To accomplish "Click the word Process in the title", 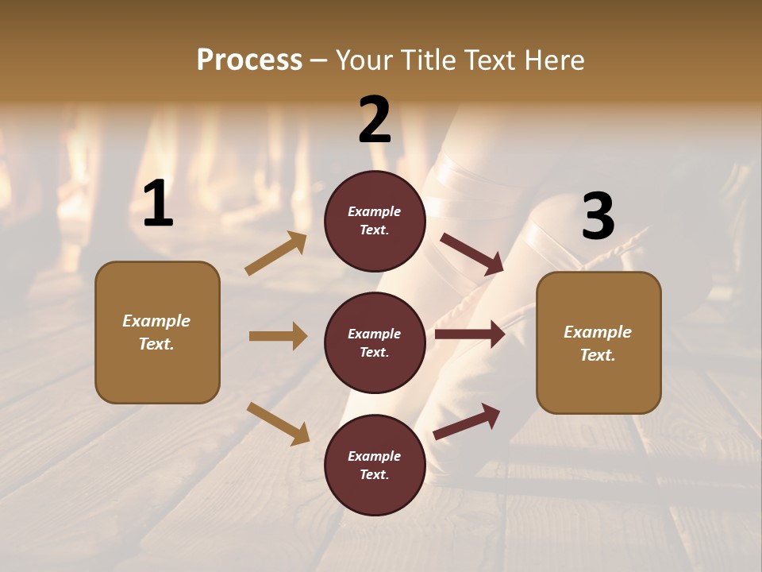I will [249, 60].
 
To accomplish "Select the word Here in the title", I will [555, 60].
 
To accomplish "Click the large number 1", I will [158, 204].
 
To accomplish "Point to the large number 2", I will [375, 121].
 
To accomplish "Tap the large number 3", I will [598, 217].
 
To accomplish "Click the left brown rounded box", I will [157, 332].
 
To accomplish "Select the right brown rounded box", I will [598, 342].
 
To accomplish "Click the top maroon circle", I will [375, 221].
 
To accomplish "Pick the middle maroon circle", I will [375, 342].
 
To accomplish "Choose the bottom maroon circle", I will [375, 465].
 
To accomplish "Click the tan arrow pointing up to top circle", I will [276, 253].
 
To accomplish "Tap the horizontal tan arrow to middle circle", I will [278, 336].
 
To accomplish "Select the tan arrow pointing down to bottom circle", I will [278, 423].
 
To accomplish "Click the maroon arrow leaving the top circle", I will [471, 253].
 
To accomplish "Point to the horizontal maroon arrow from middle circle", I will [470, 334].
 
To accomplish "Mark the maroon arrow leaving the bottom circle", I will [468, 421].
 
